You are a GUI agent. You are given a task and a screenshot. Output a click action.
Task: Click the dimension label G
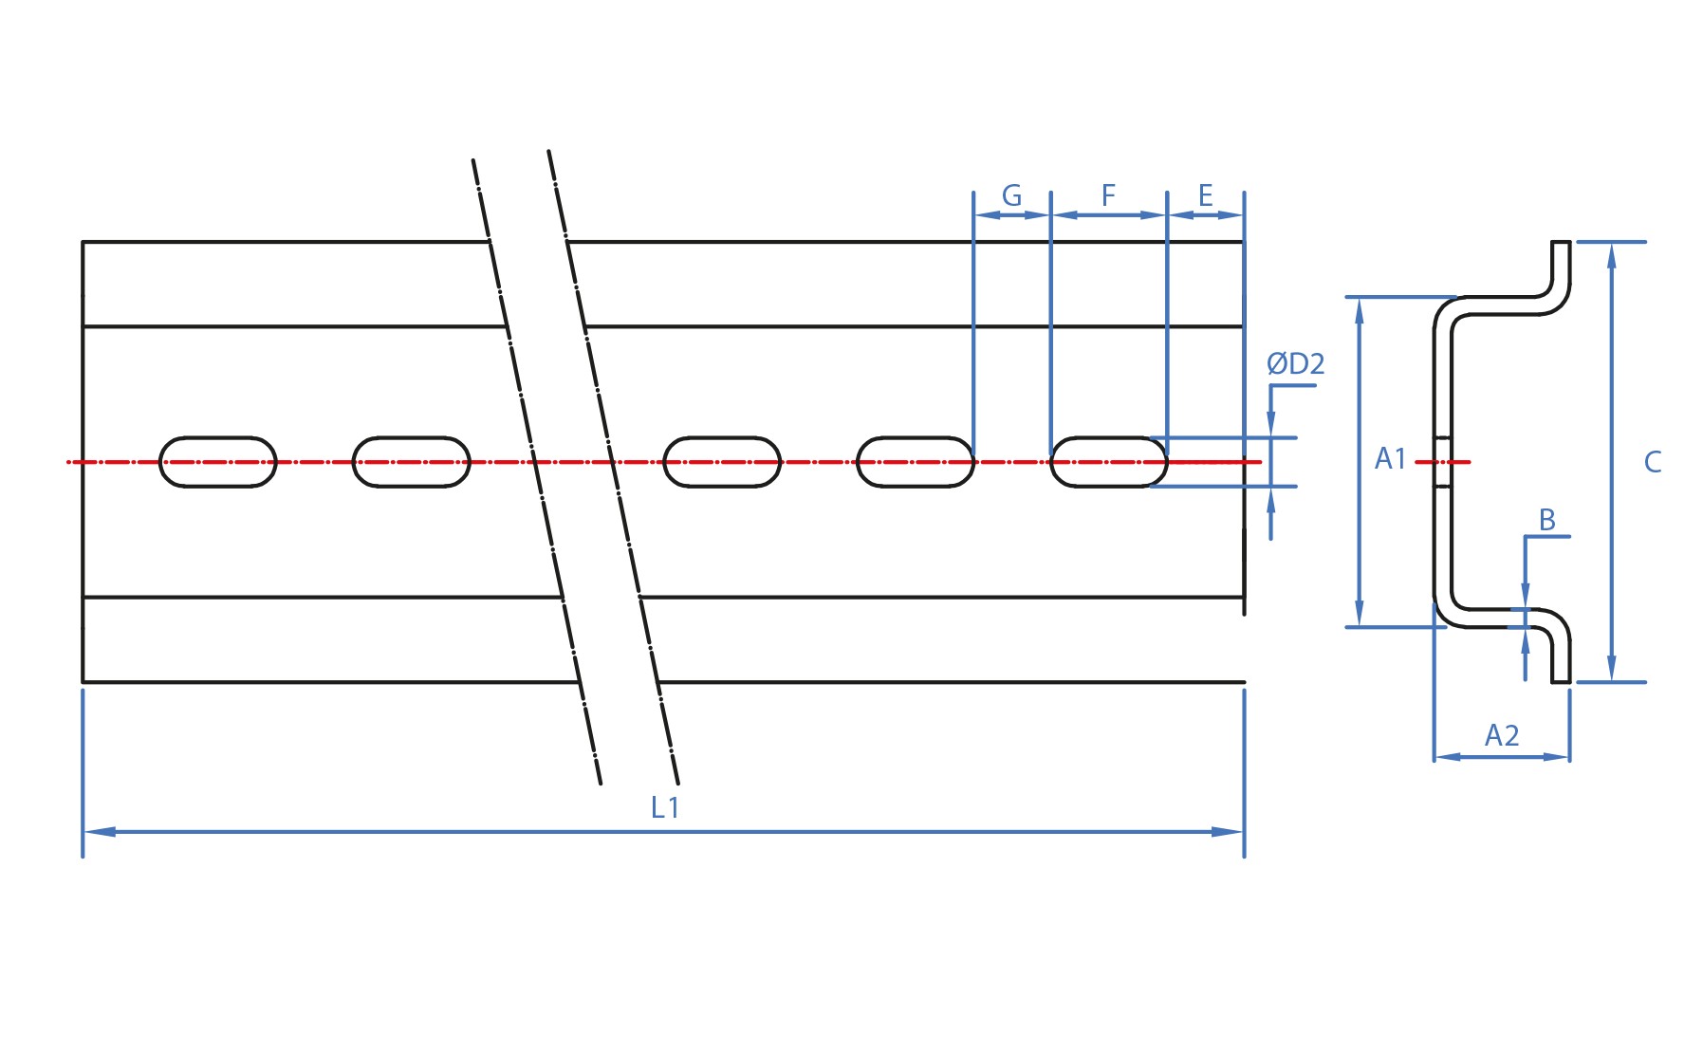1011,196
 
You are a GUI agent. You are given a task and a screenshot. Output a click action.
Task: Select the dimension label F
1108,195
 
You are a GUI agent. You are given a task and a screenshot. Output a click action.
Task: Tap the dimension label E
1205,195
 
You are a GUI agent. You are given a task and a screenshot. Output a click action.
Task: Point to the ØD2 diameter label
1295,363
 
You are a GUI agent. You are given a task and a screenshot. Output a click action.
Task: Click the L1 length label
665,807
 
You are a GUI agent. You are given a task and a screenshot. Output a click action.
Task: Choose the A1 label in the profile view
1390,459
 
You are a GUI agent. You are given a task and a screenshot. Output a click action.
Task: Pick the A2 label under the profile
1502,735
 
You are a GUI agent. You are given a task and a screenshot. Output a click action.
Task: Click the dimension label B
1546,520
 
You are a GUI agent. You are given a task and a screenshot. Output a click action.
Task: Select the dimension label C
1653,462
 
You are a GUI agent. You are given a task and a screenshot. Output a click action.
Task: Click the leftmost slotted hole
217,462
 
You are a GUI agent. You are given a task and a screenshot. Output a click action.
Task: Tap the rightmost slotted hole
1109,462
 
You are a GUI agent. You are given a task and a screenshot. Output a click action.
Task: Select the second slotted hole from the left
412,462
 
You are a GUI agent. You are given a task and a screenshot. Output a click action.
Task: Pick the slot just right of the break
722,462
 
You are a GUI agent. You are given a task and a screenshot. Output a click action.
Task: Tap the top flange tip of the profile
1561,244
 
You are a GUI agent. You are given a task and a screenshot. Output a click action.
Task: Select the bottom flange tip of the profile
1561,679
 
